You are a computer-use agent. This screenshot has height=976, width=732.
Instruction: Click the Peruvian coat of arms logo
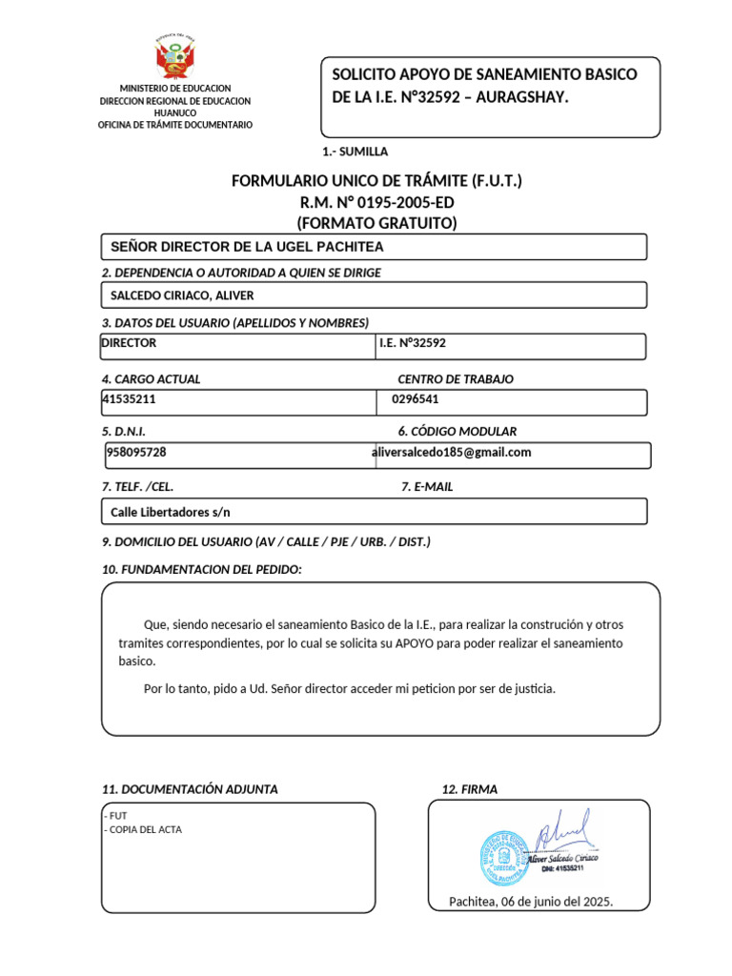174,57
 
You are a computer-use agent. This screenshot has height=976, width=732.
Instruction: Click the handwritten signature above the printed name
562,832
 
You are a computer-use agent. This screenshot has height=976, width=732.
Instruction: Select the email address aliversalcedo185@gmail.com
451,453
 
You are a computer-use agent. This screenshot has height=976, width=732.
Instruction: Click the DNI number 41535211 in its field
129,399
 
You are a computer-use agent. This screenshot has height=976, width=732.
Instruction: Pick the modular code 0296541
416,399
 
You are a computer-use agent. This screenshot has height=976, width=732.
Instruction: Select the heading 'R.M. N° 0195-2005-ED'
376,202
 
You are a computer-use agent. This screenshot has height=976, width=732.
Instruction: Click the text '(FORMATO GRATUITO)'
376,223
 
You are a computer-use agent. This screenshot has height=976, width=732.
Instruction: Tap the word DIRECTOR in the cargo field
130,343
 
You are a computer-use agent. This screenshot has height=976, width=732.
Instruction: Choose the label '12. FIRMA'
470,789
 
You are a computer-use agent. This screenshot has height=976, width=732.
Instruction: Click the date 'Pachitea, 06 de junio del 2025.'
531,902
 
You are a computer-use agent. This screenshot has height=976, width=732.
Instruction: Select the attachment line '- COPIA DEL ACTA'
142,829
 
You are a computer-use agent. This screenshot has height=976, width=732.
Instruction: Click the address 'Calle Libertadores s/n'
171,512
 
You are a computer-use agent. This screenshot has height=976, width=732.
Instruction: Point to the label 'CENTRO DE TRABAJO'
456,379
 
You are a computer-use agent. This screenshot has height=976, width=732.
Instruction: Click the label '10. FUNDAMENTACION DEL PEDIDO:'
202,570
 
